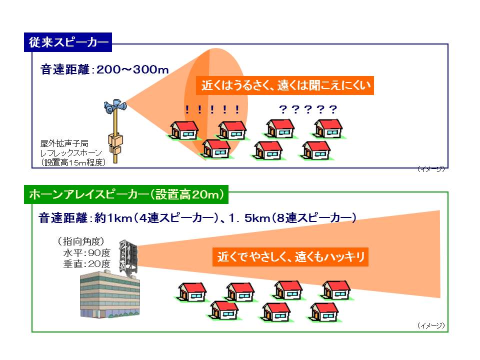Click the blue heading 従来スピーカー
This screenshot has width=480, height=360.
tap(68, 42)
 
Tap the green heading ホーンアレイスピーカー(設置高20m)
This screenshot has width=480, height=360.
tap(126, 194)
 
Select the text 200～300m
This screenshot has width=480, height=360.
tap(132, 70)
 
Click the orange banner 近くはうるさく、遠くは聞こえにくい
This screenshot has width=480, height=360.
tap(285, 85)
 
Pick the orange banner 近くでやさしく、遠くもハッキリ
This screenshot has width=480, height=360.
tap(290, 256)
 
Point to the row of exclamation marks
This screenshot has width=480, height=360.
tap(212, 109)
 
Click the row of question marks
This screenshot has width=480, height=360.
tap(308, 109)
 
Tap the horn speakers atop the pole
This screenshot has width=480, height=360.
tap(115, 106)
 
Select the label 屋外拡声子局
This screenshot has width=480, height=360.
tap(64, 143)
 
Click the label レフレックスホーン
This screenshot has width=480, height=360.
tap(71, 153)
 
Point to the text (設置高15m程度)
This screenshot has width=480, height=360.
tap(73, 162)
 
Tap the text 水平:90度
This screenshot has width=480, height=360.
tap(86, 253)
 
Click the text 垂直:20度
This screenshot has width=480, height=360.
tap(86, 264)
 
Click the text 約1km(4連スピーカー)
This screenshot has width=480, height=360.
tap(156, 218)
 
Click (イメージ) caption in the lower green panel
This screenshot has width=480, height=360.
tap(431, 325)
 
